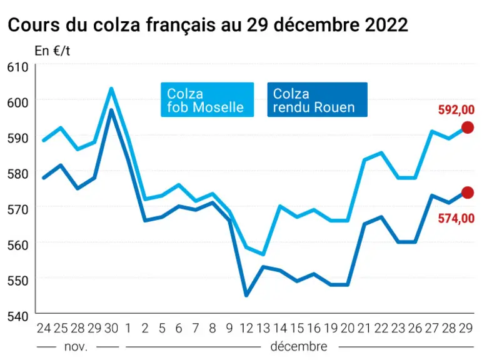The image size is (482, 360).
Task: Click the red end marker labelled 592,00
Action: click(468, 127)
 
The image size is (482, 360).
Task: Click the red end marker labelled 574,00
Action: click(468, 192)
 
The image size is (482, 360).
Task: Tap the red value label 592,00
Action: click(456, 110)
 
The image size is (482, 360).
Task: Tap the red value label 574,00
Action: click(456, 219)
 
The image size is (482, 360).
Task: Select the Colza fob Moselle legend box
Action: click(207, 99)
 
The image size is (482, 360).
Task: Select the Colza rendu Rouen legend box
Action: click(317, 99)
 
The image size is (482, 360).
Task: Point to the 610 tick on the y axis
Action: click(18, 67)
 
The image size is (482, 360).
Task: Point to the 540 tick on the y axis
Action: click(18, 316)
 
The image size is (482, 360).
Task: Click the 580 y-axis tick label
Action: click(18, 174)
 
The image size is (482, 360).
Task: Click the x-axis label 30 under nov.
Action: click(111, 328)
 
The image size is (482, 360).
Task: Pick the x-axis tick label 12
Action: click(246, 328)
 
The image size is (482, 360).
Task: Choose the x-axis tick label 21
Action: click(364, 328)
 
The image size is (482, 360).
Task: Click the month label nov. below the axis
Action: click(76, 347)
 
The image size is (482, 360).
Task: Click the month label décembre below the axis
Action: click(299, 347)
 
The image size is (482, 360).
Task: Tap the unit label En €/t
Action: click(53, 51)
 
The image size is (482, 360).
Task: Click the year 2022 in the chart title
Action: click(386, 25)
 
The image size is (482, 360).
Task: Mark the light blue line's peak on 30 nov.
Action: click(111, 89)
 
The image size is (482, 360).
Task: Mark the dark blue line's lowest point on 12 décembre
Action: click(246, 296)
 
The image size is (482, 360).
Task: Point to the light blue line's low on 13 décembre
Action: click(263, 254)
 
